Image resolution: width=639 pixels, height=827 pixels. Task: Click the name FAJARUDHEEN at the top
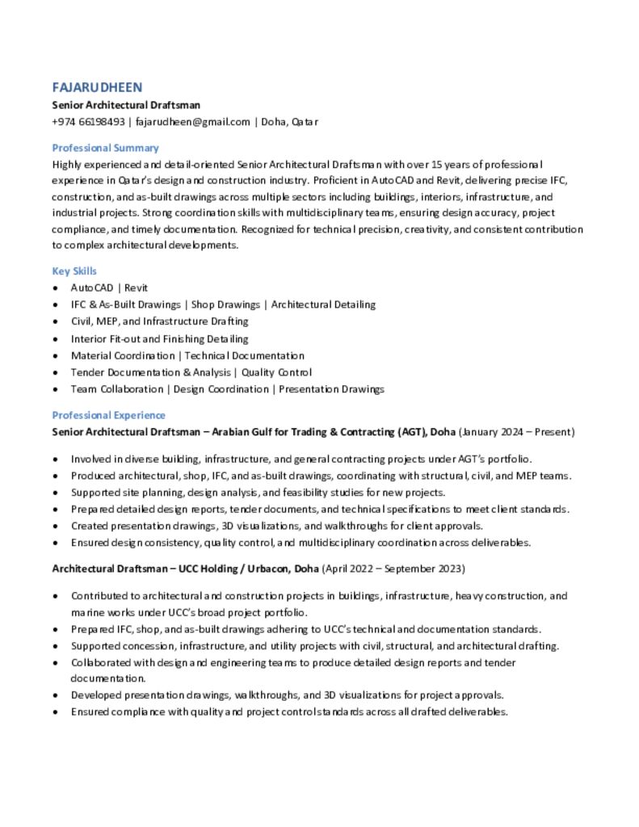97,87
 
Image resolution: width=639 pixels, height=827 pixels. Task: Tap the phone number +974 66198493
87,122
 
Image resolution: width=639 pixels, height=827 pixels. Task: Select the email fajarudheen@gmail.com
192,122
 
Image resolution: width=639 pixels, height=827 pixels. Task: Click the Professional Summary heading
105,148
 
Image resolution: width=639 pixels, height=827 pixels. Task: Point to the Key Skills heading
74,271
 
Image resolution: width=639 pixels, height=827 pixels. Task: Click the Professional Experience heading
108,415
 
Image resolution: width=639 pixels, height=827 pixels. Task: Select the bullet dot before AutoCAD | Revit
54,288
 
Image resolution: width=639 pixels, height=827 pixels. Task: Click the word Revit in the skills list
136,288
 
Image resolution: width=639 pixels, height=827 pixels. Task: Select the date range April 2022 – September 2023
393,569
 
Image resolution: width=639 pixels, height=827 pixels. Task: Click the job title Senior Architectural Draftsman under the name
126,105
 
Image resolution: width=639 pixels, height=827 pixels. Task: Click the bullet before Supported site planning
54,493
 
